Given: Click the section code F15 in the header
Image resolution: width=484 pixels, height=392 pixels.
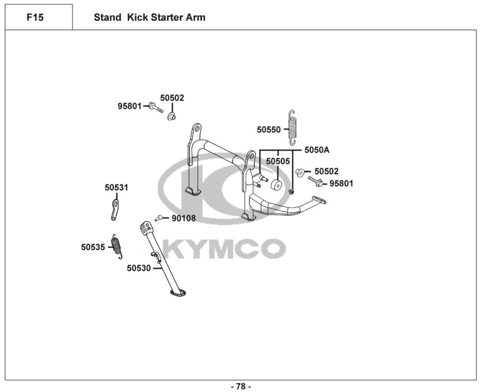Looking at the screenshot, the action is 35,18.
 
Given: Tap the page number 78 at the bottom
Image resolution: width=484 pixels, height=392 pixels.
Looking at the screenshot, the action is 241,386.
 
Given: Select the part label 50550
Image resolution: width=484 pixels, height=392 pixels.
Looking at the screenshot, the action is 269,130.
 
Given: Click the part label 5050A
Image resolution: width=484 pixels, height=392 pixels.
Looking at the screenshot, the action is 317,150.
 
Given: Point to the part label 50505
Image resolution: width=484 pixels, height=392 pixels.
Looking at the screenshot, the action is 278,161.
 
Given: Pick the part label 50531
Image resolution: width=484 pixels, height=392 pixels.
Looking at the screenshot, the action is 117,187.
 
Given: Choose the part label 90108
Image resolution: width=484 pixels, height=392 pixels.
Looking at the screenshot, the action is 184,219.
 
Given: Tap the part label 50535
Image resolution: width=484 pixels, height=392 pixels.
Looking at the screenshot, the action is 93,247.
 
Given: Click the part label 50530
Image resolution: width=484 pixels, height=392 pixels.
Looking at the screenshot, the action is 139,268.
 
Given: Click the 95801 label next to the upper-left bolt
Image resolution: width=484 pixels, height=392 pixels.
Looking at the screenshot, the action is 129,106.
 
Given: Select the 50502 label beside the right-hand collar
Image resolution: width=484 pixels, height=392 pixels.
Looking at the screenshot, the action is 327,171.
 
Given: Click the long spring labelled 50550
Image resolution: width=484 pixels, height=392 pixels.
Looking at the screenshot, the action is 292,127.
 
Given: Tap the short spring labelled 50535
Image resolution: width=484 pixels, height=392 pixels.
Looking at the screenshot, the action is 117,246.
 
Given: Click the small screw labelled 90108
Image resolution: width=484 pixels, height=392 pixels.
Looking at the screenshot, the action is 159,218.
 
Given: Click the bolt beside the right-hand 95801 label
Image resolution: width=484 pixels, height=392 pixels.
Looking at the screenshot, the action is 316,182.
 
